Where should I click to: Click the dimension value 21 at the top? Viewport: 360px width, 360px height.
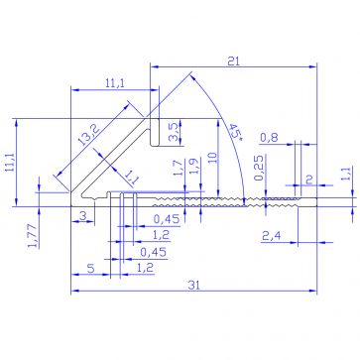[233, 60]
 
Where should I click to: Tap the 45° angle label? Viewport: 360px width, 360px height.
[235, 135]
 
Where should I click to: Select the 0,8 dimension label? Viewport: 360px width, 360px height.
[270, 138]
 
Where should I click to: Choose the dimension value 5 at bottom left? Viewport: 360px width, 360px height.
[91, 268]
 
